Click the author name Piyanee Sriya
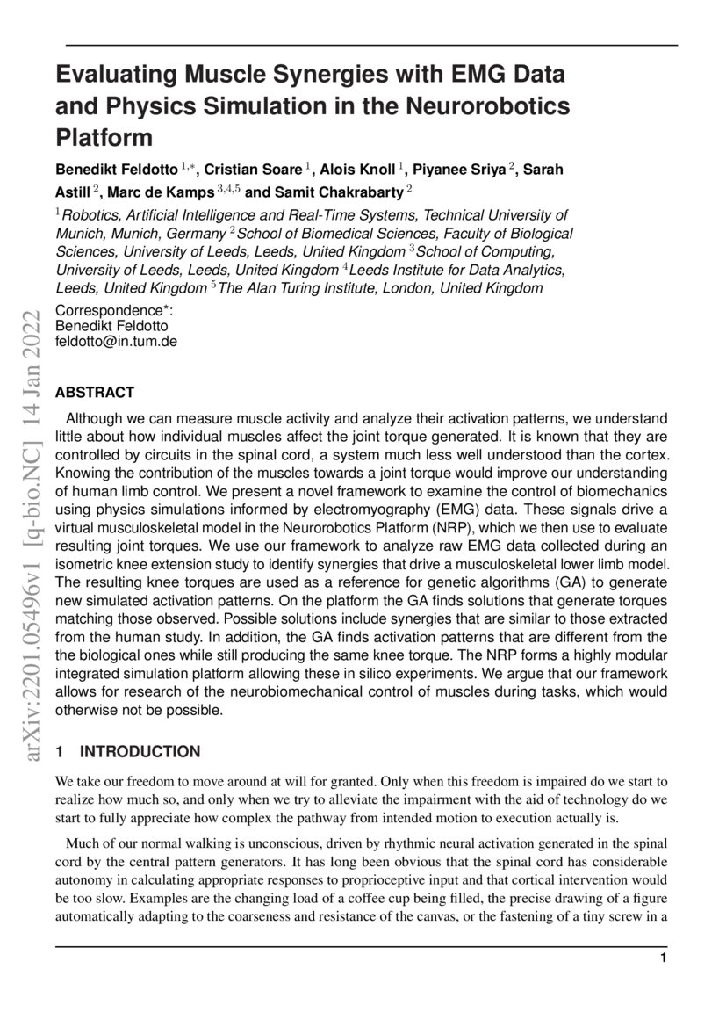tap(470, 169)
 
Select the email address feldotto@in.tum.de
tap(116, 340)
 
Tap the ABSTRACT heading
tap(95, 392)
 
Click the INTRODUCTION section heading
tap(140, 751)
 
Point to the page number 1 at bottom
tap(664, 958)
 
